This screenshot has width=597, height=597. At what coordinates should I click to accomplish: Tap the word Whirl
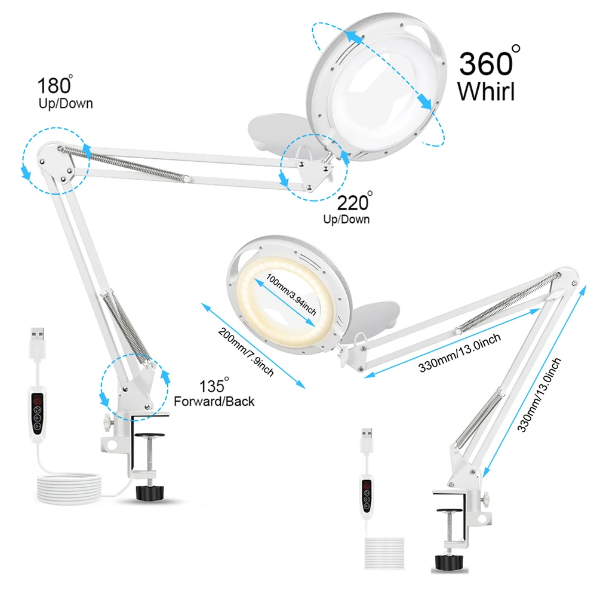pyautogui.click(x=485, y=91)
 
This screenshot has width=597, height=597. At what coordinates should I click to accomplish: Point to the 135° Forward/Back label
pyautogui.click(x=214, y=394)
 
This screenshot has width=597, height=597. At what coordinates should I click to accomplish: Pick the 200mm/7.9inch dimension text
pyautogui.click(x=246, y=353)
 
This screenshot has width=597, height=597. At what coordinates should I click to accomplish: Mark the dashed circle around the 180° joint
pyautogui.click(x=55, y=153)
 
